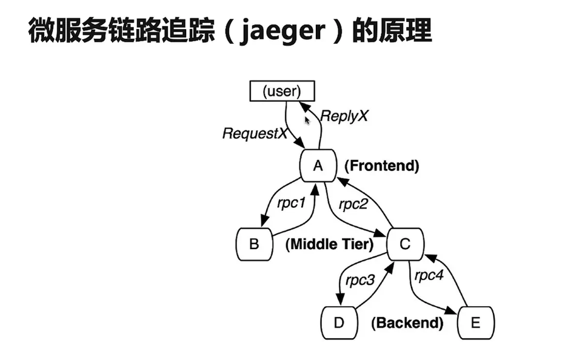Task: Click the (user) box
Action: (x=282, y=91)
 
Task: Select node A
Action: (x=318, y=165)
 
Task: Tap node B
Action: (x=255, y=244)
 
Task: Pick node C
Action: (x=405, y=244)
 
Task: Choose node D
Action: (x=339, y=323)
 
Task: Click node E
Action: (x=476, y=323)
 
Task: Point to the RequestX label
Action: (x=255, y=133)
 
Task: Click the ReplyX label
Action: (x=344, y=116)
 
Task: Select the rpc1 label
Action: (x=291, y=203)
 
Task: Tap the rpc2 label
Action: (x=353, y=204)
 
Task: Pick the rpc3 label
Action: (x=360, y=280)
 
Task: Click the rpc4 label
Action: (x=429, y=275)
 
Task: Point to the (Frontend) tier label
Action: (x=382, y=165)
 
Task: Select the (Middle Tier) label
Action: (x=330, y=244)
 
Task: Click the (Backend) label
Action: (x=407, y=323)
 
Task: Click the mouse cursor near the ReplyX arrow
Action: (x=307, y=120)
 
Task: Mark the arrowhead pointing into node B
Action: (x=265, y=221)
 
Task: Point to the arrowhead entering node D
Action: (x=339, y=299)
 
